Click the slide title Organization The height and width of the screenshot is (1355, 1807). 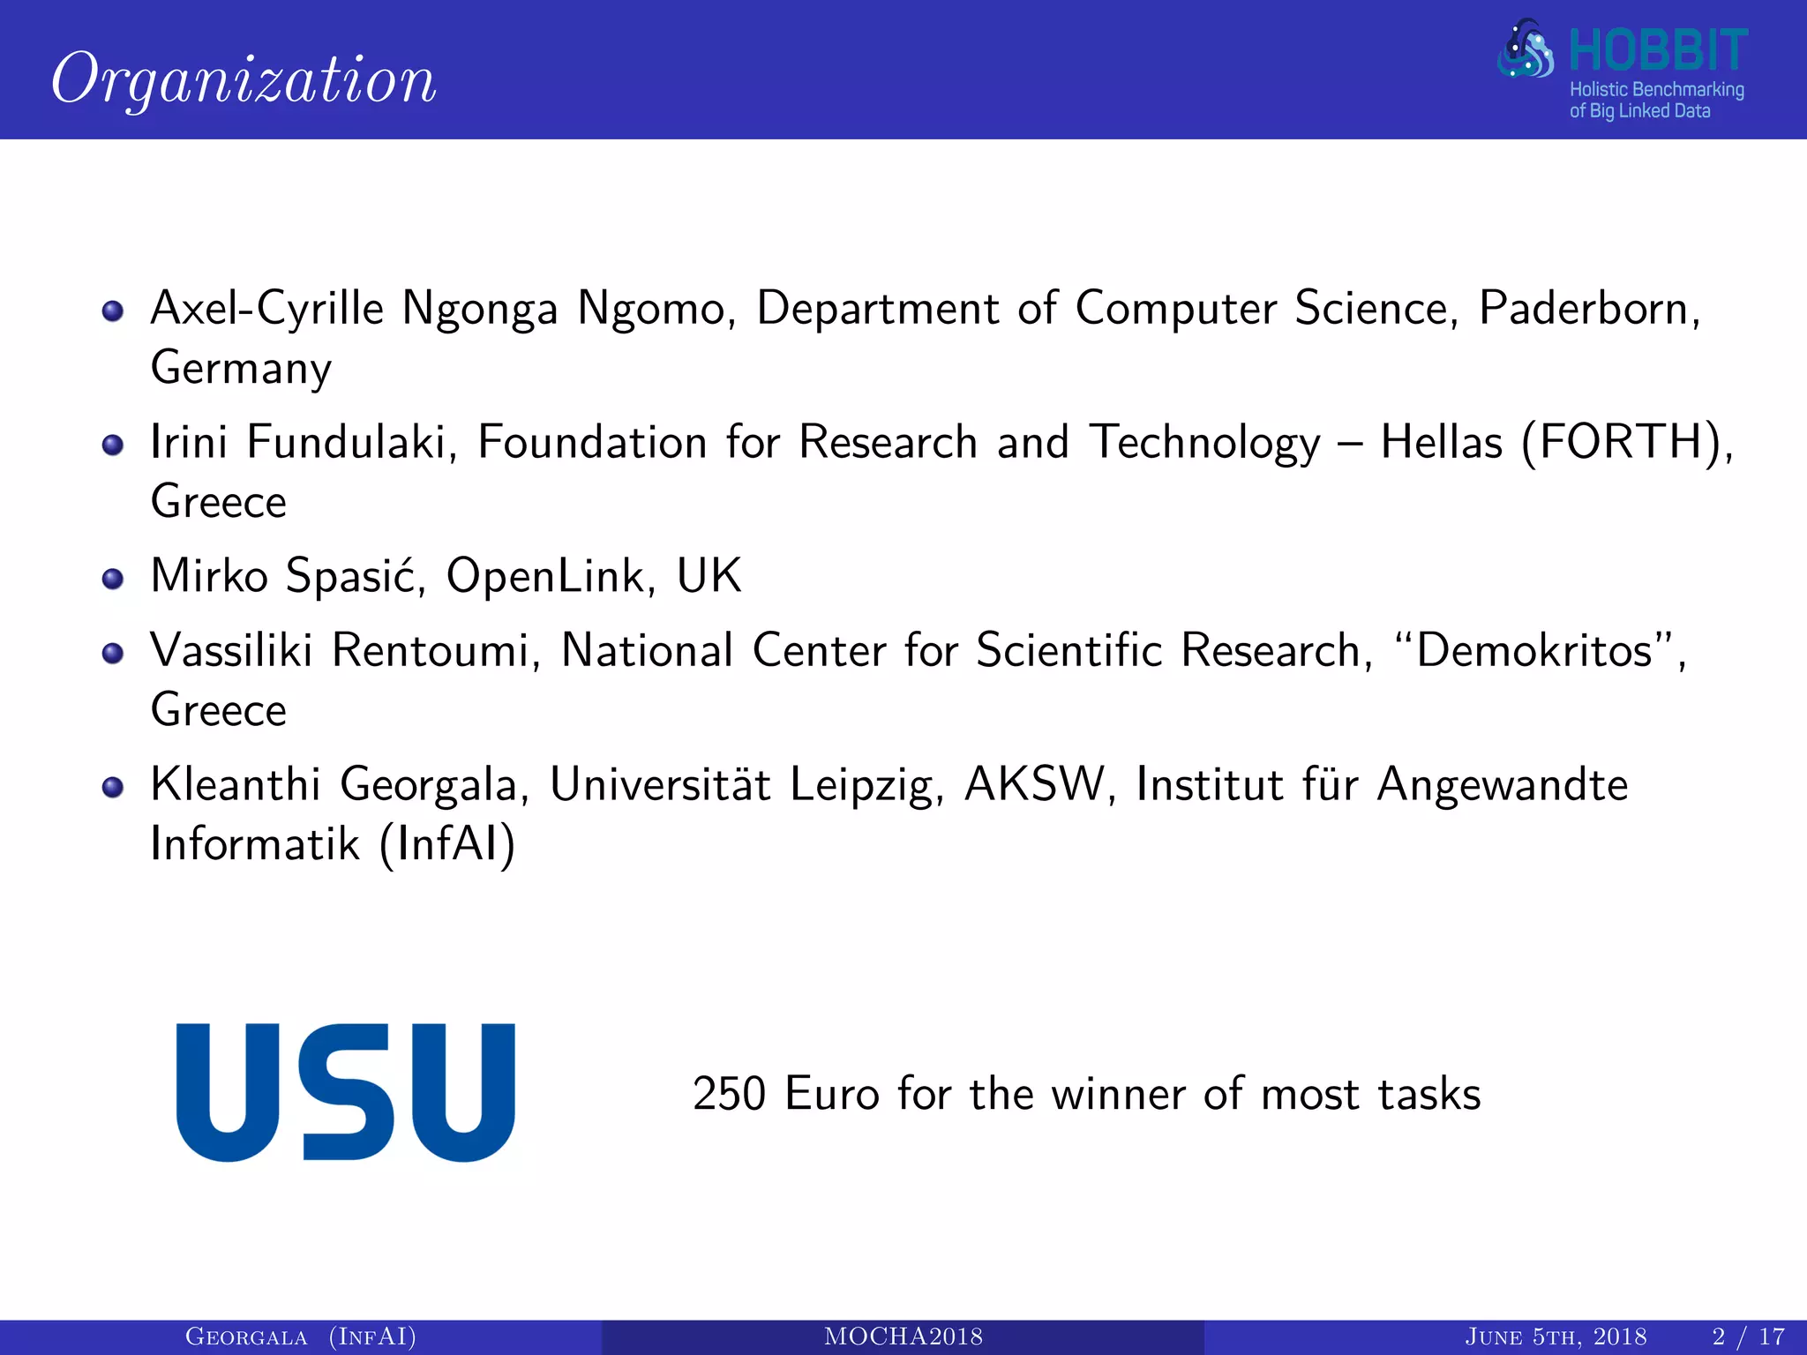[244, 79]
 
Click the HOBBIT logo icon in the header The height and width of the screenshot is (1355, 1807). [1525, 51]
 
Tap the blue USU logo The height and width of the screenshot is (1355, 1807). [345, 1092]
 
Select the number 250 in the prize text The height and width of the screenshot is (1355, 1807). [729, 1095]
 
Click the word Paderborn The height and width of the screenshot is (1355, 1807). [1588, 309]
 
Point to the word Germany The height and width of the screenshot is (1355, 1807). [241, 368]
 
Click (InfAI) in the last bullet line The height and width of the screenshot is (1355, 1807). [447, 844]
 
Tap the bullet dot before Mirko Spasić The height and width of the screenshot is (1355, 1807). [112, 579]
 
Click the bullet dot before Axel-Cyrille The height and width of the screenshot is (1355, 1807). [112, 311]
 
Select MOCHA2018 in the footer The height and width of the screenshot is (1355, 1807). [903, 1336]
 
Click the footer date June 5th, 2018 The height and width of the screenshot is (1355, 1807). [1555, 1336]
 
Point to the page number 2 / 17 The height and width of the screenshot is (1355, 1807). [1748, 1336]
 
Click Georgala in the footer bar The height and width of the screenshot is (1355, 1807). [246, 1336]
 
